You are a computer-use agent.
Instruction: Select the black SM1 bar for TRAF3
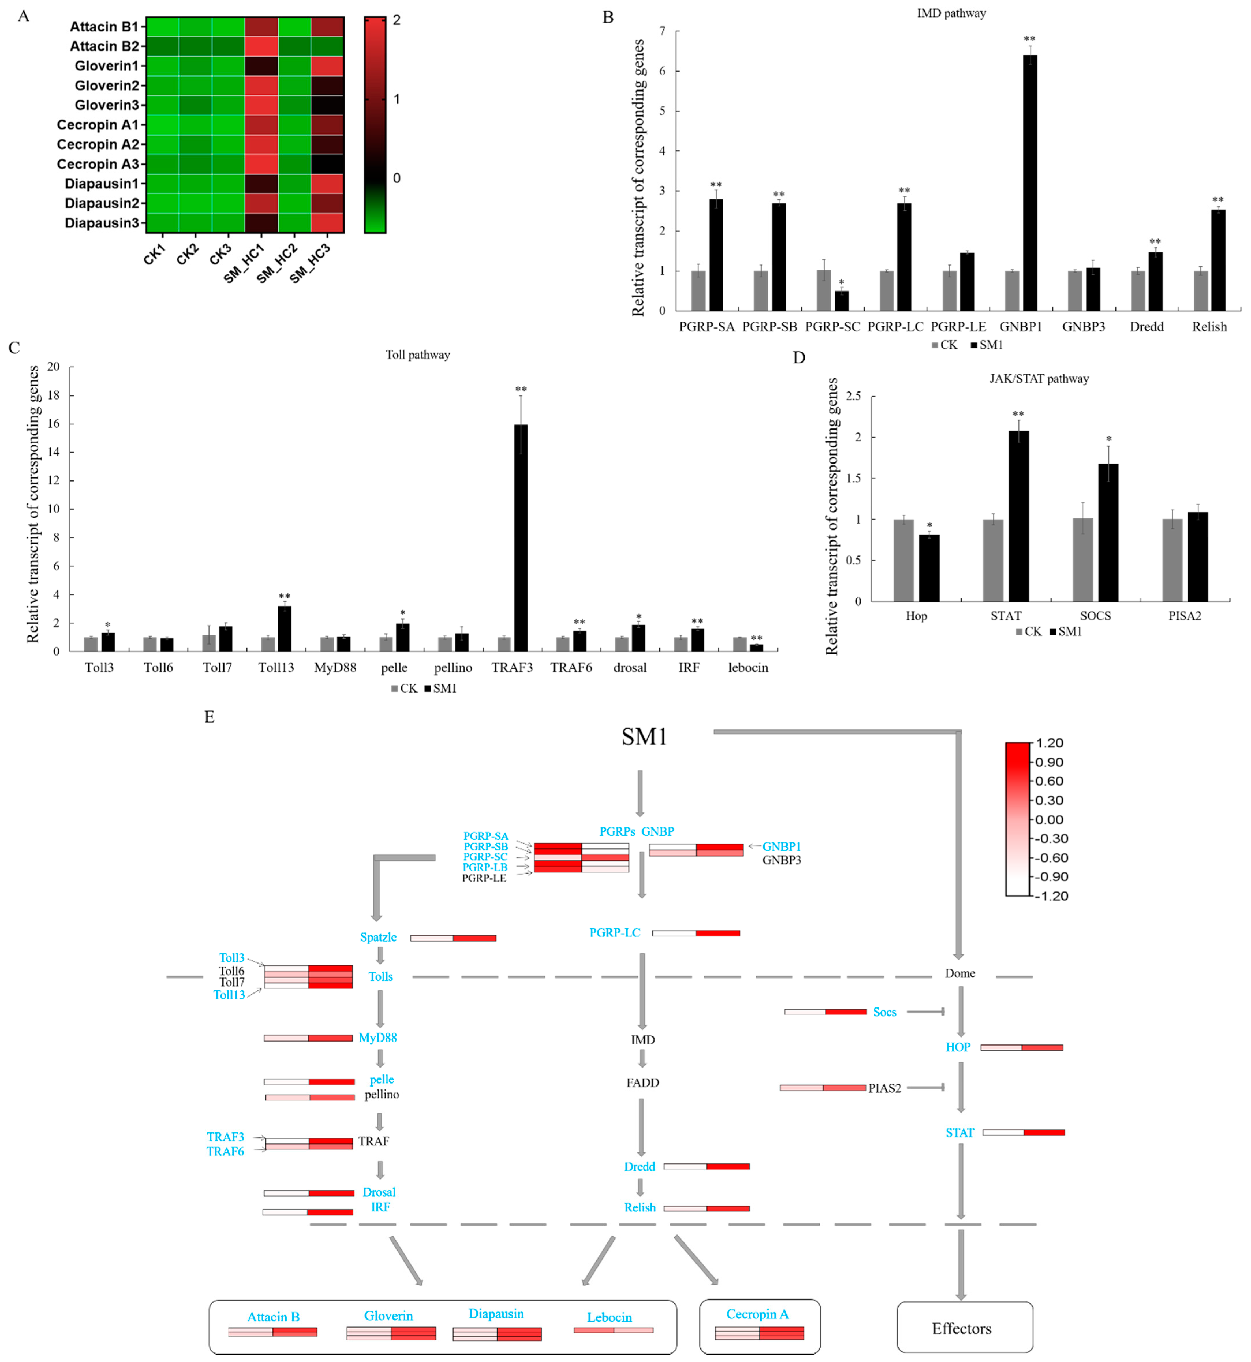click(x=521, y=538)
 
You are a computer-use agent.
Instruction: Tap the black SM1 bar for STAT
click(x=1018, y=516)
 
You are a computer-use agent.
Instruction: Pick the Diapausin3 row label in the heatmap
click(x=102, y=223)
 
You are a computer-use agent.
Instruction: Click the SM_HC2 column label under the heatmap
click(x=278, y=263)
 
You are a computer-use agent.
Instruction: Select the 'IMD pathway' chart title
click(x=951, y=13)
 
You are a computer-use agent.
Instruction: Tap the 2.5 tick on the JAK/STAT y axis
click(x=854, y=396)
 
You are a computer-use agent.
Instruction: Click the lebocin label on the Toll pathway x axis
click(x=748, y=668)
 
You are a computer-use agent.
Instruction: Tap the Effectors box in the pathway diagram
click(x=965, y=1327)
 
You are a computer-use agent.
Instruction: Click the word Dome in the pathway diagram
click(x=960, y=973)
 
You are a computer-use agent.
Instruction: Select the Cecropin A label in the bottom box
click(x=758, y=1314)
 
